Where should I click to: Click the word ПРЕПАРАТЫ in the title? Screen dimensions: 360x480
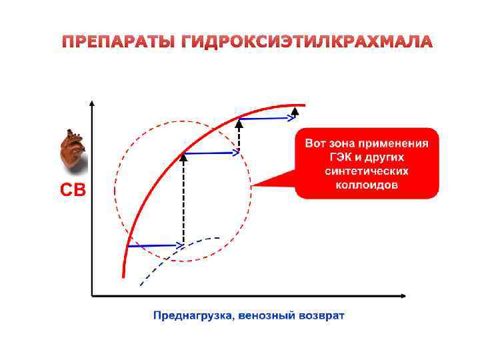pyautogui.click(x=118, y=43)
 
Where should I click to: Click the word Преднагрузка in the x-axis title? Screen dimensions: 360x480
pyautogui.click(x=192, y=315)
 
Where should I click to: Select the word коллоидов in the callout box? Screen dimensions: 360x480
pyautogui.click(x=366, y=185)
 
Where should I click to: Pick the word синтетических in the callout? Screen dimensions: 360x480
pyautogui.click(x=367, y=171)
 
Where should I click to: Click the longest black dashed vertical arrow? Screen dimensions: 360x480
pyautogui.click(x=183, y=200)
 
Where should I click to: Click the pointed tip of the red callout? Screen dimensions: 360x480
pyautogui.click(x=253, y=185)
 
